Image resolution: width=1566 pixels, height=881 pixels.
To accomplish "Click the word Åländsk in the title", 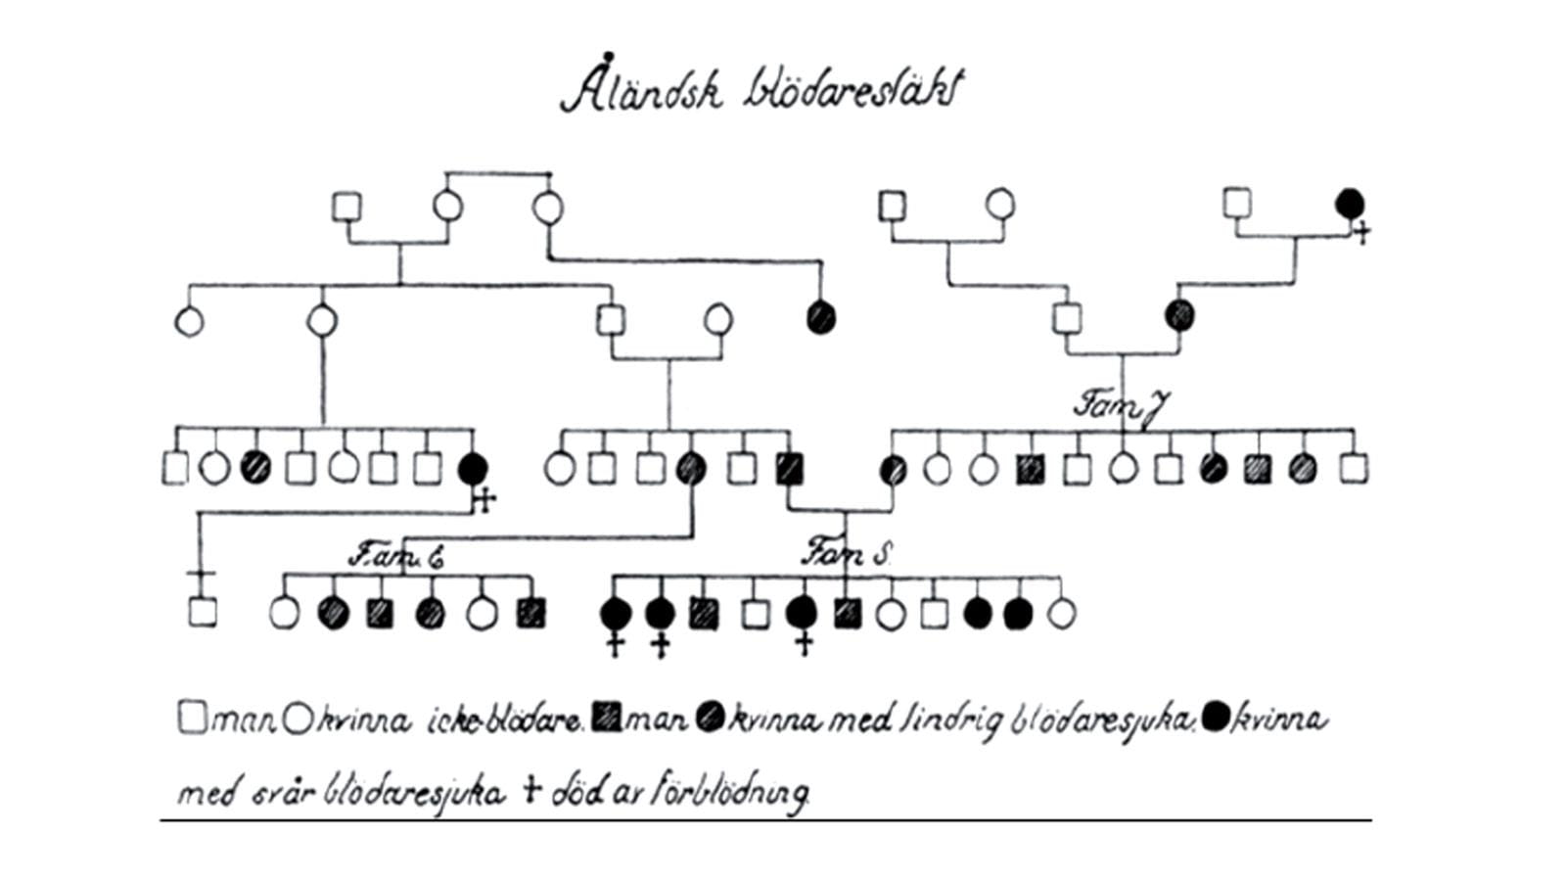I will point(641,90).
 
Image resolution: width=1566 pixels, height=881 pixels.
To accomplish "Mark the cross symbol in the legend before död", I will point(532,789).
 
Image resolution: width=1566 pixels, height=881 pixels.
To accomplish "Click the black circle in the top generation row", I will point(1350,204).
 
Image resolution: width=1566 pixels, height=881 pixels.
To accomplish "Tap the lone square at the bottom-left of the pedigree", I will point(202,612).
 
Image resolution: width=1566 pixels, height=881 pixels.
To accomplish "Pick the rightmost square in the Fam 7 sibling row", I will point(1353,468).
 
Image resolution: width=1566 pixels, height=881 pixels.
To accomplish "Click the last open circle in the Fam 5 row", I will point(1061,613).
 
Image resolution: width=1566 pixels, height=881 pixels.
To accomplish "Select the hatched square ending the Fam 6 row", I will point(530,613).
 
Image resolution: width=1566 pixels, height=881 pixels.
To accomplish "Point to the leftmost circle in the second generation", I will point(189,320).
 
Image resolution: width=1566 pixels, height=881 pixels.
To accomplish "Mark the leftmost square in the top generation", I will point(346,208).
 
